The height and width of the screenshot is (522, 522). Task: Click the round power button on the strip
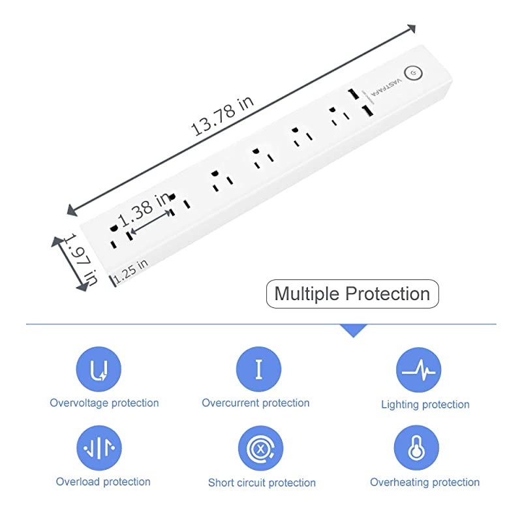(x=412, y=74)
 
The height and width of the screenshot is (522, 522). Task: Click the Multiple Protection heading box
(x=352, y=294)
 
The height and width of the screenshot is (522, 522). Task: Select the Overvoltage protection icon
(x=99, y=369)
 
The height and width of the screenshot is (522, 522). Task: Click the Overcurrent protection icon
(x=258, y=369)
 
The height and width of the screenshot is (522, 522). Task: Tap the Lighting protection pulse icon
(x=418, y=369)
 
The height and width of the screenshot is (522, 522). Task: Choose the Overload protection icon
(x=99, y=448)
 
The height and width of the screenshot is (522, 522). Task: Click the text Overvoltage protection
(x=104, y=403)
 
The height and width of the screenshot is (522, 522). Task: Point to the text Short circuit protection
(x=262, y=483)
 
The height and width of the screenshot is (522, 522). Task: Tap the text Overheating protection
(x=425, y=483)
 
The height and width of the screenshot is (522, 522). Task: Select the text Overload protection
(x=103, y=482)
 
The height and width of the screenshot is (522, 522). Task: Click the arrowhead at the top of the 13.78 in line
(x=411, y=29)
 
